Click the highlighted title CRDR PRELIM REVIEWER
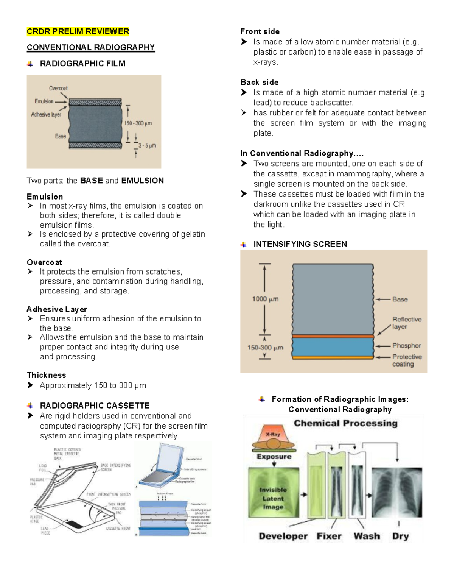(x=78, y=31)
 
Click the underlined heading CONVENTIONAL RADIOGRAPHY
(x=91, y=47)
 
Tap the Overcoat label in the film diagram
(x=58, y=88)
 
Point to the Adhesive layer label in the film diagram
(x=46, y=114)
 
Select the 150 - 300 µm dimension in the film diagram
(x=138, y=123)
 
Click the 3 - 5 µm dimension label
(x=147, y=145)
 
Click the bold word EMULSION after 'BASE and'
(x=142, y=181)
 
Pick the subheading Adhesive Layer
(x=57, y=309)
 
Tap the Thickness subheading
(x=47, y=375)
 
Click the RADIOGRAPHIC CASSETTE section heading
(x=95, y=406)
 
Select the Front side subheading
(x=260, y=31)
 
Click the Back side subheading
(x=260, y=82)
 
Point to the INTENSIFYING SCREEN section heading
(x=300, y=244)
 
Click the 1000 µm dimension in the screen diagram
(x=265, y=299)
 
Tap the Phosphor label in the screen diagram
(x=406, y=346)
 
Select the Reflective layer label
(x=406, y=323)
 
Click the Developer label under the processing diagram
(x=283, y=536)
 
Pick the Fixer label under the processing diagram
(x=329, y=536)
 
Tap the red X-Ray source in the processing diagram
(x=273, y=435)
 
